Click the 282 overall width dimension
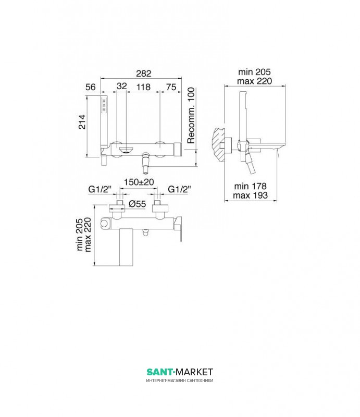[x=144, y=73]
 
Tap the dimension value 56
[x=91, y=87]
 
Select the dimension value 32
[x=122, y=86]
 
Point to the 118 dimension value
[x=143, y=87]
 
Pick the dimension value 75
[x=171, y=87]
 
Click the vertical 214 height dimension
[x=82, y=122]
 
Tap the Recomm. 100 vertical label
[x=191, y=115]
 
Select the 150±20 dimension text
[x=139, y=182]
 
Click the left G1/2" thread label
[x=100, y=189]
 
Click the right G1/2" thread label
[x=179, y=189]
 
